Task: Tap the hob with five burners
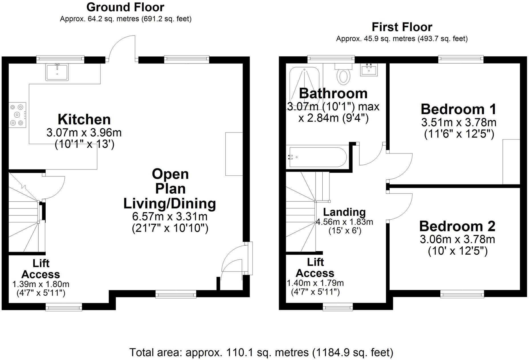pyautogui.click(x=17, y=115)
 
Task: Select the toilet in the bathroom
pyautogui.click(x=343, y=75)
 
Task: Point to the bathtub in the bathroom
pyautogui.click(x=317, y=157)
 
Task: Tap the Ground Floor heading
pyautogui.click(x=125, y=7)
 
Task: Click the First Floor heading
pyautogui.click(x=402, y=27)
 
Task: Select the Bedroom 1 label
pyautogui.click(x=458, y=109)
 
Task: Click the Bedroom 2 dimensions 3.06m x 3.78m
pyautogui.click(x=457, y=239)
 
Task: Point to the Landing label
pyautogui.click(x=344, y=212)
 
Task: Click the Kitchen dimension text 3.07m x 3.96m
pyautogui.click(x=84, y=133)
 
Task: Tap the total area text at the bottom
pyautogui.click(x=261, y=352)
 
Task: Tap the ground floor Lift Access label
pyautogui.click(x=41, y=269)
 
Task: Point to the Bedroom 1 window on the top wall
pyautogui.click(x=461, y=59)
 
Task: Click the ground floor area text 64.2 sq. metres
pyautogui.click(x=125, y=19)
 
